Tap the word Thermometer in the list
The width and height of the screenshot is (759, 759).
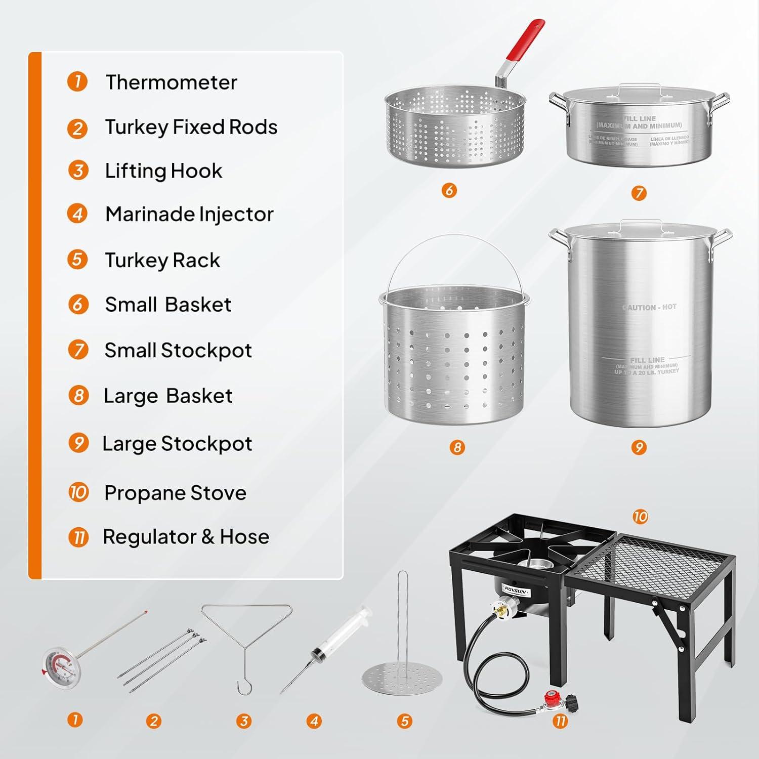tap(171, 82)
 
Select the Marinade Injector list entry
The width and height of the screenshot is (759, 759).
tap(189, 214)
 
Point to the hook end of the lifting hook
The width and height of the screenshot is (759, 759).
tap(242, 687)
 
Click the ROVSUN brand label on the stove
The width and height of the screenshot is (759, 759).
tap(516, 590)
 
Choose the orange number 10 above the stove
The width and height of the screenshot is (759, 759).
tap(640, 517)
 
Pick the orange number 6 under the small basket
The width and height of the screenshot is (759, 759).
tap(449, 190)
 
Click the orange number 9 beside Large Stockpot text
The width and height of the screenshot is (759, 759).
tap(78, 443)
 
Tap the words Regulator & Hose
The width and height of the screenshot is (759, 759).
tap(186, 537)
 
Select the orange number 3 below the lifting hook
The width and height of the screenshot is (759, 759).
tap(244, 721)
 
